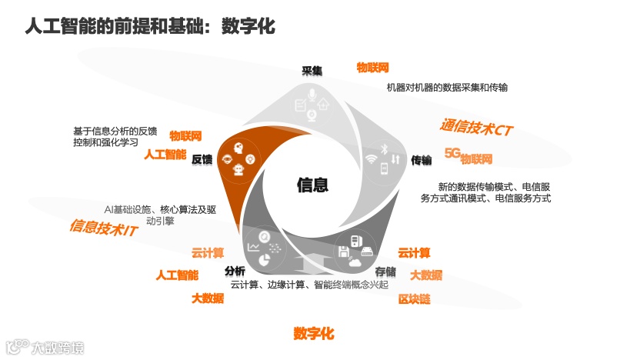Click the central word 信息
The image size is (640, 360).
click(312, 185)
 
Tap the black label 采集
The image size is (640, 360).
click(312, 71)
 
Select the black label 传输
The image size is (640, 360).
click(421, 160)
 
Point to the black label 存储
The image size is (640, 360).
click(385, 272)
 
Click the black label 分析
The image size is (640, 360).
click(235, 272)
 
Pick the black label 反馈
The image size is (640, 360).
click(202, 159)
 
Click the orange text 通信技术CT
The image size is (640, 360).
click(475, 128)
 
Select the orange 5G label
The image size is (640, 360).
click(452, 152)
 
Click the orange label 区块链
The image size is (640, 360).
click(414, 298)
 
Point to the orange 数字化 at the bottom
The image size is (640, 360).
click(314, 333)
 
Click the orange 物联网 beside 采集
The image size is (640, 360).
click(372, 68)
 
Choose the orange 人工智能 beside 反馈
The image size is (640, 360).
click(165, 154)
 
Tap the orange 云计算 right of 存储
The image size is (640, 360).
click(414, 252)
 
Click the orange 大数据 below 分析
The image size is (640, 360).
click(208, 298)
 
